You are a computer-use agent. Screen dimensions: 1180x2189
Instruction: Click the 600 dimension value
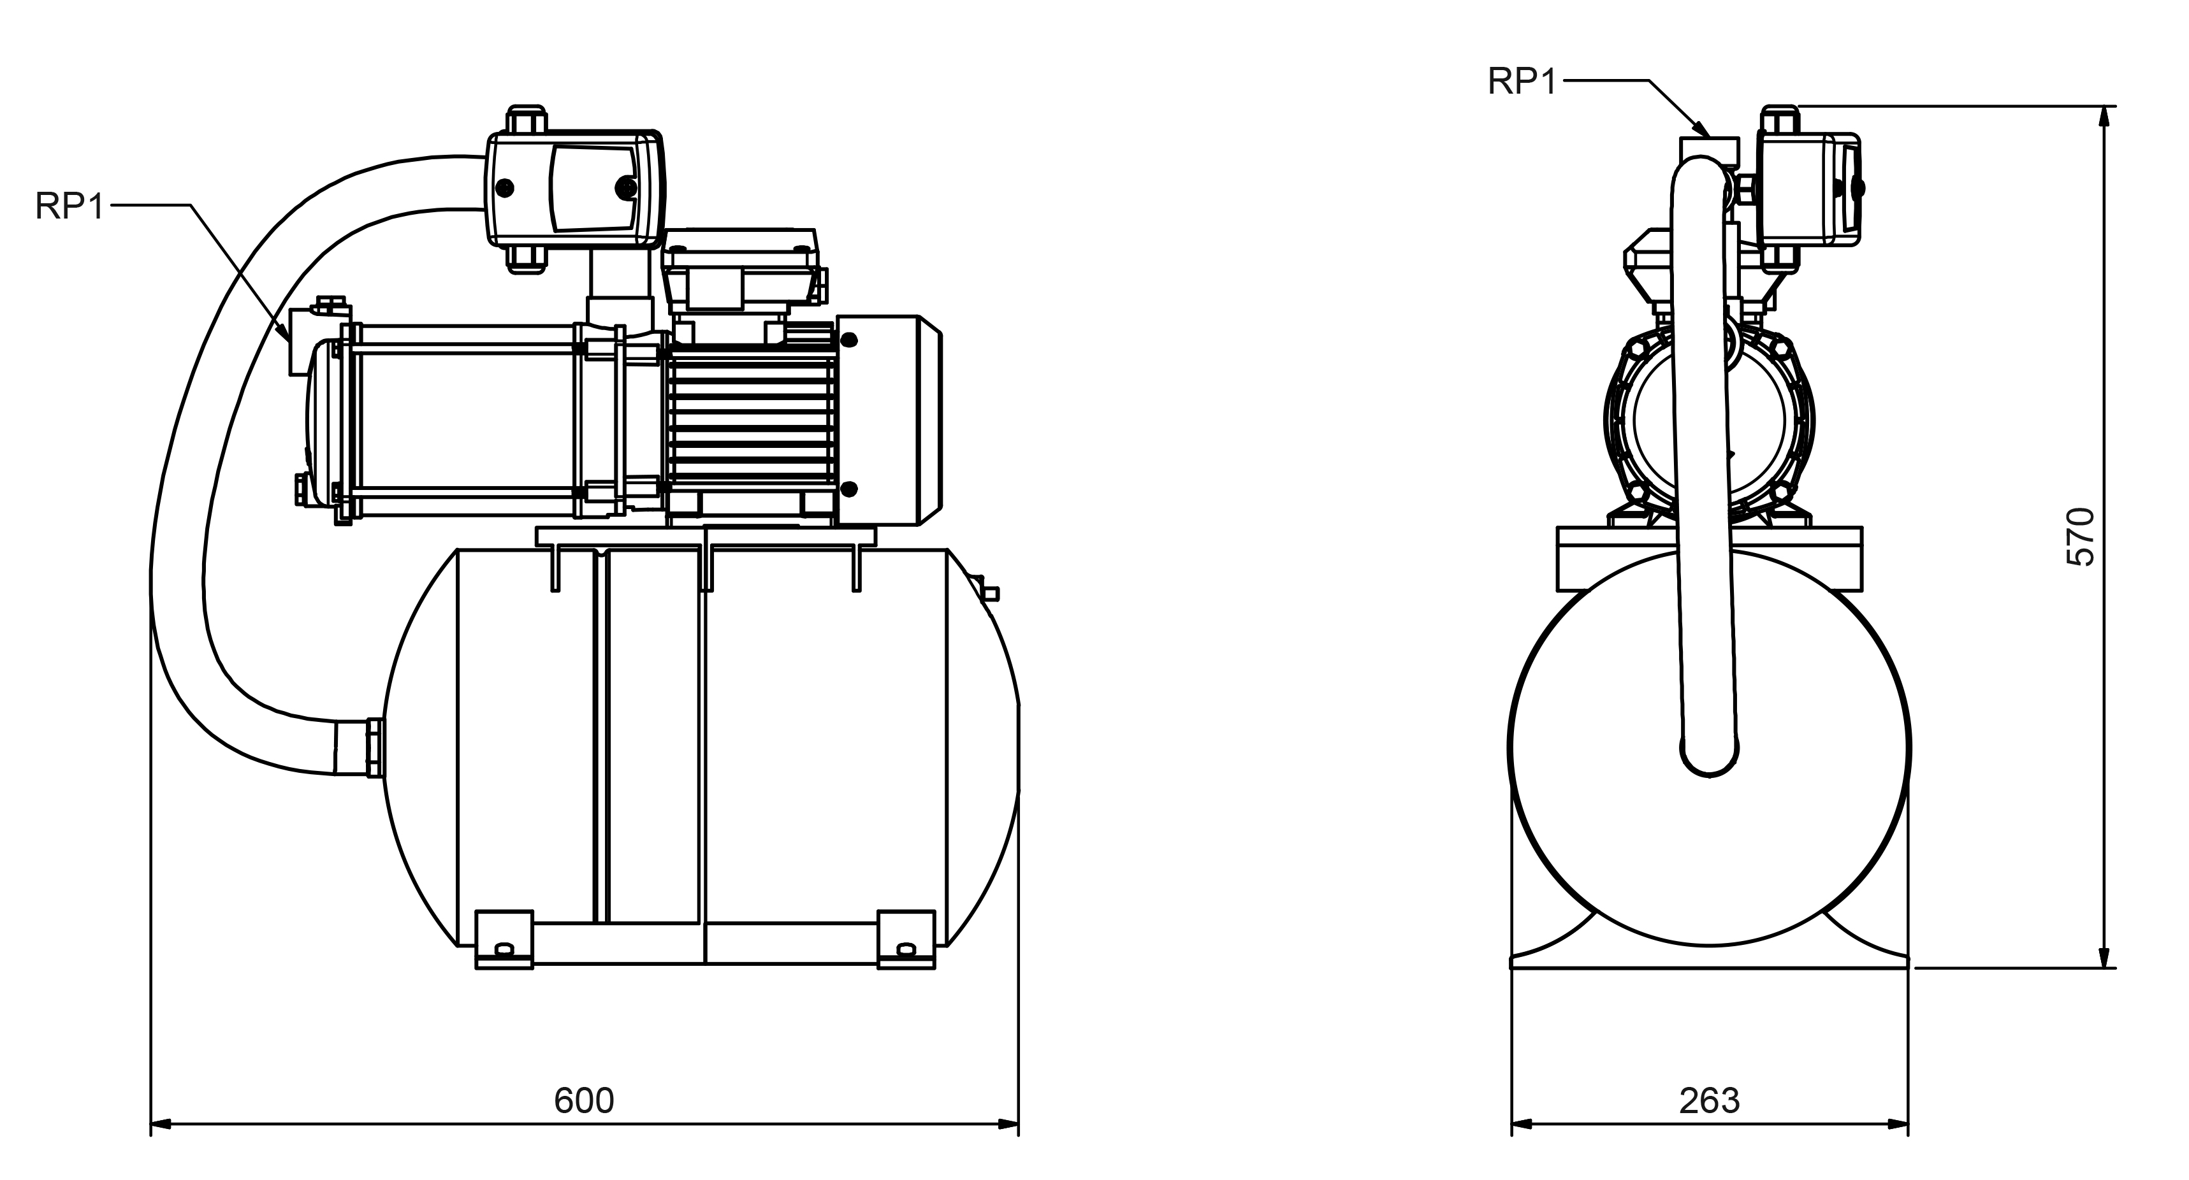click(584, 1101)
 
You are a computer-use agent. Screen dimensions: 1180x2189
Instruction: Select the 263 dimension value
click(1709, 1101)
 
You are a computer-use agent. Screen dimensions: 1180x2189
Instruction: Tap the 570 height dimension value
click(2080, 537)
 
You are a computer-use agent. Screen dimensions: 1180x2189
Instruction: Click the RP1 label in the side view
click(69, 206)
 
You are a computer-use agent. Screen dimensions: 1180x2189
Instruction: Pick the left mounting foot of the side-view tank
click(504, 939)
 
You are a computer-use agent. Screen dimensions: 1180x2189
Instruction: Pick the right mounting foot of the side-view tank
click(906, 939)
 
